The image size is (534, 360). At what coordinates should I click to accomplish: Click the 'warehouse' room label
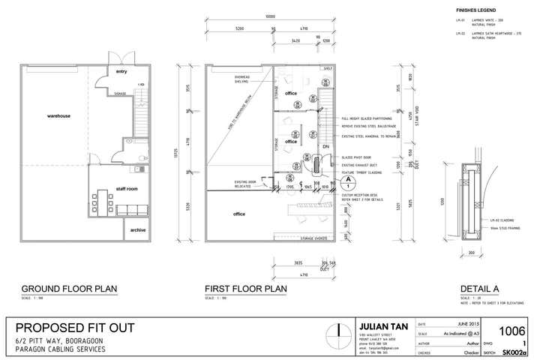(58, 117)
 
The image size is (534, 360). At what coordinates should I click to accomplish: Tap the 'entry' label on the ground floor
(121, 71)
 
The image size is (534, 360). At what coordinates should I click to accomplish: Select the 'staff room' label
(127, 189)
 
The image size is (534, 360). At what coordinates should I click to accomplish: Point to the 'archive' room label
(138, 229)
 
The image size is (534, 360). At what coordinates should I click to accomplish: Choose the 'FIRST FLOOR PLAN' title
(246, 288)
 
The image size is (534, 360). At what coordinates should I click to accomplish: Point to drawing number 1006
(512, 331)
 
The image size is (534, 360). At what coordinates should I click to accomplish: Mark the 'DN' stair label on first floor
(325, 147)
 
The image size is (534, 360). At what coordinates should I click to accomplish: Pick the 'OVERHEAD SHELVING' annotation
(243, 79)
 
